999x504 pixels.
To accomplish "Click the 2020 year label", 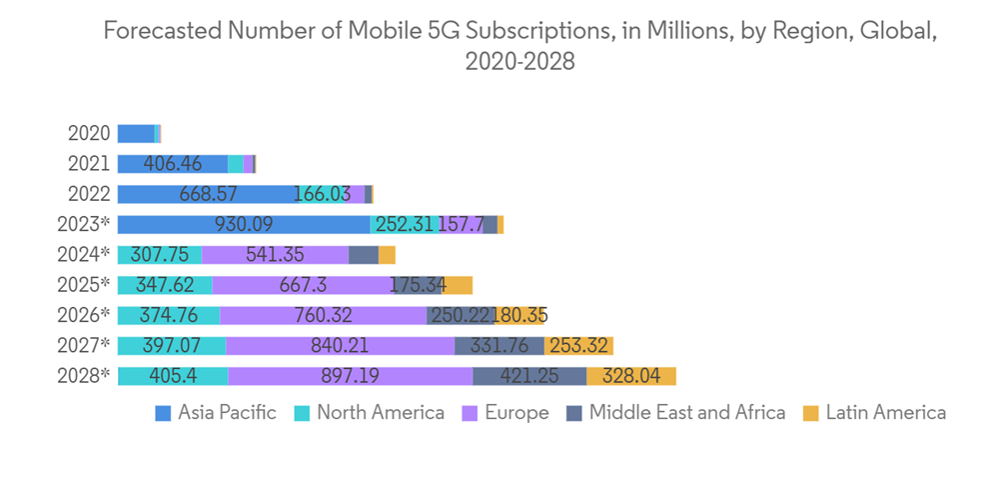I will tap(89, 133).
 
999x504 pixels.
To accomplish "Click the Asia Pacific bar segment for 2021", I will tap(173, 164).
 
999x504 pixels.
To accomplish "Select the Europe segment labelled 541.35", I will tap(275, 255).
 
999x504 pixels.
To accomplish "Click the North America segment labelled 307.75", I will tap(159, 255).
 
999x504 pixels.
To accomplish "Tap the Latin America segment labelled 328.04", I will tap(631, 376).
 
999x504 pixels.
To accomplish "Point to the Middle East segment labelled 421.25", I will tap(529, 376).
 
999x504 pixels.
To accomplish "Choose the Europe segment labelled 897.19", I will tap(350, 376).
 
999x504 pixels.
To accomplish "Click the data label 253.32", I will tap(578, 346).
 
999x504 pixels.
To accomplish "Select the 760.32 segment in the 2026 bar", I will tap(323, 316).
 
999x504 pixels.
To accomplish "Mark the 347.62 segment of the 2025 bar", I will tap(164, 285).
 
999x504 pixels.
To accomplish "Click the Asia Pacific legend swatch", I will tap(164, 413).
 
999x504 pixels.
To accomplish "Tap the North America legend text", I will tap(380, 412).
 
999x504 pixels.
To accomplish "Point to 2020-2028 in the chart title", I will tap(519, 61).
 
